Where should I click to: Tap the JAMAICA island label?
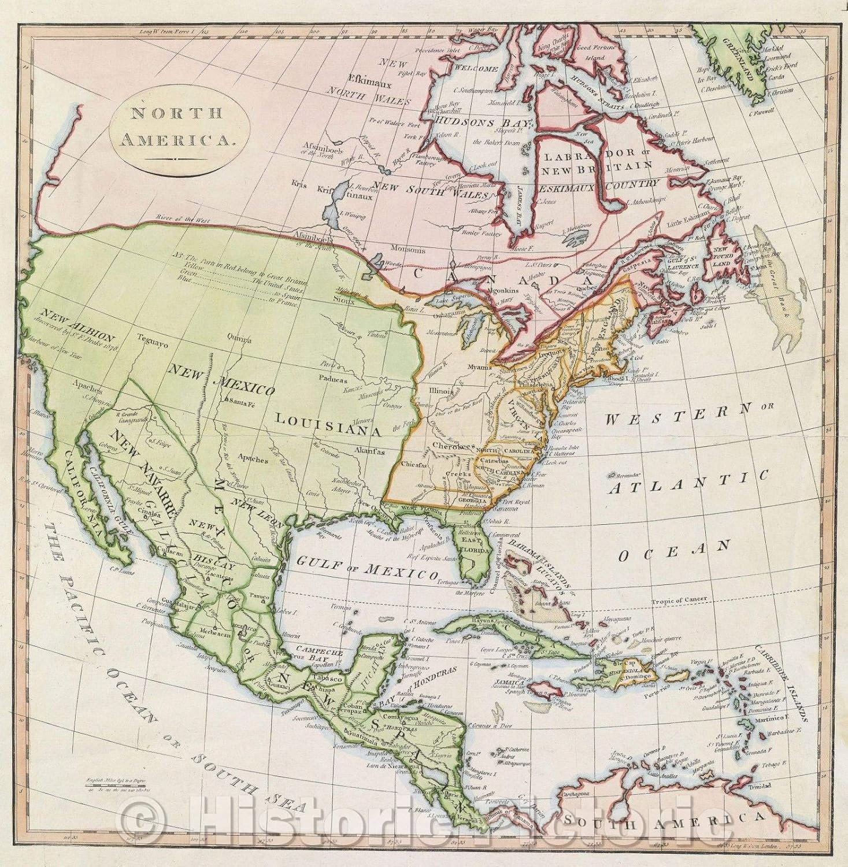coord(508,682)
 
